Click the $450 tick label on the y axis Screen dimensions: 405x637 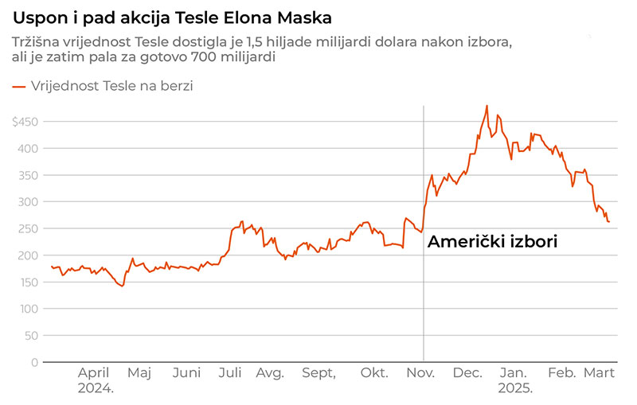(x=25, y=122)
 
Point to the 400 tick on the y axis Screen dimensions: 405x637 (x=28, y=148)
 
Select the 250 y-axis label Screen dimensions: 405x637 (x=28, y=228)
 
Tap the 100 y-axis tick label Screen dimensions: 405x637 (x=28, y=309)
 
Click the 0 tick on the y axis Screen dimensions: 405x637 (x=33, y=362)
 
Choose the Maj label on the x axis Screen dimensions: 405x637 (x=139, y=373)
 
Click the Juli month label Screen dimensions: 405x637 (x=230, y=373)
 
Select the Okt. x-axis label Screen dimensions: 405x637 (x=374, y=373)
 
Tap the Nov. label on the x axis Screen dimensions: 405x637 (x=420, y=373)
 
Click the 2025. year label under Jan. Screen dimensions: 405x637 (x=514, y=389)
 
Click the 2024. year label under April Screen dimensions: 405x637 (x=96, y=389)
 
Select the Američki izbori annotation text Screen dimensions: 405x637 (x=492, y=242)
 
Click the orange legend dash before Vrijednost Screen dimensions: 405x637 (x=18, y=86)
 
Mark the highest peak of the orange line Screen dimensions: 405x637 (x=487, y=105)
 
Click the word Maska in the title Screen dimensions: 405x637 (x=307, y=17)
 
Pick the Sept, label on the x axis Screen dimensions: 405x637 (x=318, y=373)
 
